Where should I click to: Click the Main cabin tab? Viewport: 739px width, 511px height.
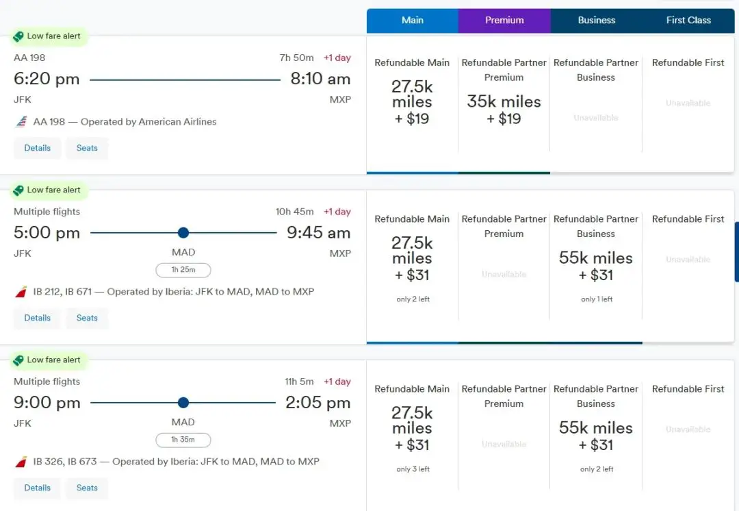[x=413, y=21]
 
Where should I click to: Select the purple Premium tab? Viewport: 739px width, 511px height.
[x=504, y=21]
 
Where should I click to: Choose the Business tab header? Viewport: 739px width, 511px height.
[x=596, y=21]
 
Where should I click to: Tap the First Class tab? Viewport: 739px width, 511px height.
[x=688, y=21]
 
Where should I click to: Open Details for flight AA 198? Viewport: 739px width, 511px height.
[x=38, y=148]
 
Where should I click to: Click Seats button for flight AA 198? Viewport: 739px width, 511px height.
[x=87, y=148]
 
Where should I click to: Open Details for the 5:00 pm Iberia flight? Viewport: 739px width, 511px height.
[x=38, y=318]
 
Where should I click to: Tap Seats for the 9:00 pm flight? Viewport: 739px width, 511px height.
[x=87, y=488]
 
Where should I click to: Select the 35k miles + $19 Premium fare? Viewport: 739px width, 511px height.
[x=504, y=109]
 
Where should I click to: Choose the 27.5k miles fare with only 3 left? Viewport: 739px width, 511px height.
[x=412, y=428]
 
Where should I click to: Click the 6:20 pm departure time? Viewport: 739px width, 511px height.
[x=47, y=79]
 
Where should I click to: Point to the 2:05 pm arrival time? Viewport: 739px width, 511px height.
[x=318, y=403]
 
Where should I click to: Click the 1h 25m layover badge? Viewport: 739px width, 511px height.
[x=183, y=270]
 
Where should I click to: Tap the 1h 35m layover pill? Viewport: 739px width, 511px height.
[x=183, y=440]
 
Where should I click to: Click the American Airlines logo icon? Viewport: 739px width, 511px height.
[x=21, y=122]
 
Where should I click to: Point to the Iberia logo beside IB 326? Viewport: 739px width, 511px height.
[x=21, y=462]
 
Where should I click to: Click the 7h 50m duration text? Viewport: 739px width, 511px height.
[x=297, y=58]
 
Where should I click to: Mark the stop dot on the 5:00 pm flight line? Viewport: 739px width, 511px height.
[x=183, y=233]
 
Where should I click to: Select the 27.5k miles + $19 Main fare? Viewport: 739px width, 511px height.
[x=412, y=102]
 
